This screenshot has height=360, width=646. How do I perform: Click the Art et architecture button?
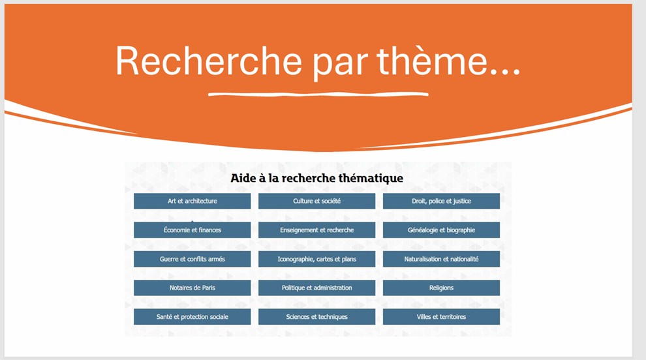click(x=192, y=201)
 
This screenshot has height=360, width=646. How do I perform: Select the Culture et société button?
click(x=317, y=201)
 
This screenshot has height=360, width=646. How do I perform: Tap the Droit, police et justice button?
click(x=441, y=201)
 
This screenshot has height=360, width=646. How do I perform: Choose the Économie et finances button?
click(x=192, y=230)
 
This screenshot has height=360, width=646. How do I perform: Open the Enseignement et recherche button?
click(x=317, y=230)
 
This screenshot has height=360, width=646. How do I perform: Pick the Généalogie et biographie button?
click(x=441, y=230)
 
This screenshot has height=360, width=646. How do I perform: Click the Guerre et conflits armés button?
click(x=192, y=259)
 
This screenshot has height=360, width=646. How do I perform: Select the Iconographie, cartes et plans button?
click(x=317, y=259)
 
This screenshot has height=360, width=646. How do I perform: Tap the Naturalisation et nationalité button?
click(x=441, y=259)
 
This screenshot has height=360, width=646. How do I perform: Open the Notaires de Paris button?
click(x=192, y=288)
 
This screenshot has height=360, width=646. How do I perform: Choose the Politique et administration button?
click(x=317, y=288)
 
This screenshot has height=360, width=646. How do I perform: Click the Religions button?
click(x=441, y=288)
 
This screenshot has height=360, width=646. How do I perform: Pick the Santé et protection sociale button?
click(x=192, y=317)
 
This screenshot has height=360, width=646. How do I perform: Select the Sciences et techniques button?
click(x=317, y=317)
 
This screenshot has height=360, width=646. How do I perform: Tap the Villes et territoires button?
click(x=441, y=317)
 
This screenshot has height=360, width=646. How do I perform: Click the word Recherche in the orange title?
click(x=209, y=61)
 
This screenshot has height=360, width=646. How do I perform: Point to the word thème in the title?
click(x=432, y=61)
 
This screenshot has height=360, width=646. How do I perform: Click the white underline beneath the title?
click(x=318, y=95)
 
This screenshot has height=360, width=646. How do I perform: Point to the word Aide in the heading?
click(x=243, y=178)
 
